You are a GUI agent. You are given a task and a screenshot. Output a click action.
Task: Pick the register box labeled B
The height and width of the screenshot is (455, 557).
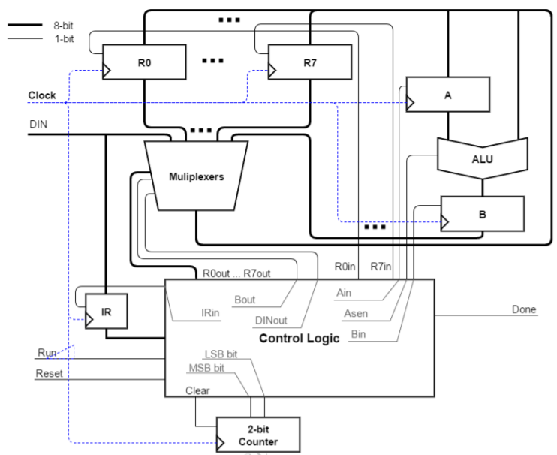[481, 213]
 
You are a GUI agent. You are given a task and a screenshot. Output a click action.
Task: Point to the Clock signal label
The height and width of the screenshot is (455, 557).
[42, 95]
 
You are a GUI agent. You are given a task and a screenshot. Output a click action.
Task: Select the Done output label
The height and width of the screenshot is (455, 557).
[524, 309]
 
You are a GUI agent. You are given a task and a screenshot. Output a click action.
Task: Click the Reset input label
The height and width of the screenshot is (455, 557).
[50, 373]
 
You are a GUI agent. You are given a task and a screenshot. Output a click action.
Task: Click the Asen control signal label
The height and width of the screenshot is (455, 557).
[357, 313]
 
